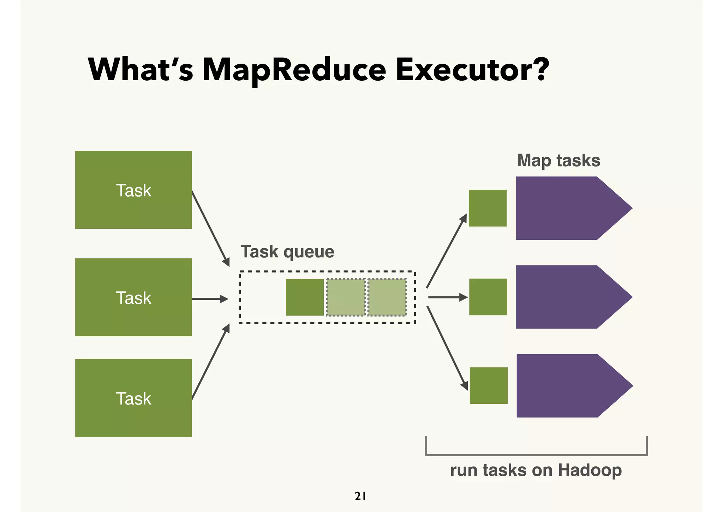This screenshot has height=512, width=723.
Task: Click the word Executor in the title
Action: [472, 70]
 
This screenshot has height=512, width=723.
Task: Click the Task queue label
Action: [287, 252]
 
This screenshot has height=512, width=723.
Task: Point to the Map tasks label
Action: [558, 161]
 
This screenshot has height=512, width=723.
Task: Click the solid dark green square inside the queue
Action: [305, 297]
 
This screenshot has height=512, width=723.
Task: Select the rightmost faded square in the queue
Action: [387, 297]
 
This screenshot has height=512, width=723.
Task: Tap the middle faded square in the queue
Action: [346, 297]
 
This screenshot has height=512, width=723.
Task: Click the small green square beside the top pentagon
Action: [488, 208]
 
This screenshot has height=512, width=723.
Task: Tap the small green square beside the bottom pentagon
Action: [489, 386]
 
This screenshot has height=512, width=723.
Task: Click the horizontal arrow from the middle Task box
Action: [210, 299]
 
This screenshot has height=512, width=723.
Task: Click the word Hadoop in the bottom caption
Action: [590, 470]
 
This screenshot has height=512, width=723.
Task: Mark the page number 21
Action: [360, 496]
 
